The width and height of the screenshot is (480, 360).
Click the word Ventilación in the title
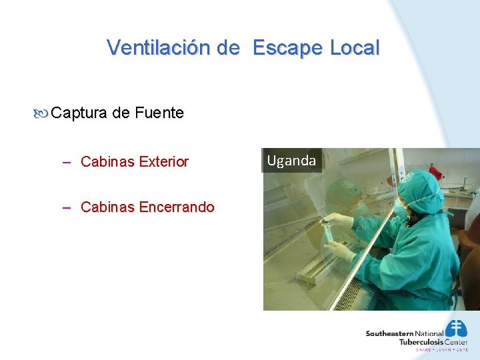[159, 47]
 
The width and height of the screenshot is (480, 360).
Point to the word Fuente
[159, 113]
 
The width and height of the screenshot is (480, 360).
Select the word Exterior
[163, 161]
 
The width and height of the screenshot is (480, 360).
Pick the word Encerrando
[177, 207]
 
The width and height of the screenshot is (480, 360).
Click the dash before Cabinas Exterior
[67, 161]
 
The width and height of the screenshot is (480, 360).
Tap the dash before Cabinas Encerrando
[67, 207]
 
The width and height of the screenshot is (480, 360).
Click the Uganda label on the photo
[291, 161]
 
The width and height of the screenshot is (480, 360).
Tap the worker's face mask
[402, 209]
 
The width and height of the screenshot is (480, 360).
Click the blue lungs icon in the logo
[456, 329]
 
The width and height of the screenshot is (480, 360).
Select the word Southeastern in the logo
[390, 333]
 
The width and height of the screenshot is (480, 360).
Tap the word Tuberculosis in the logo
[423, 342]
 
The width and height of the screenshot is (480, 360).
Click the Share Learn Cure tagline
[441, 349]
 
